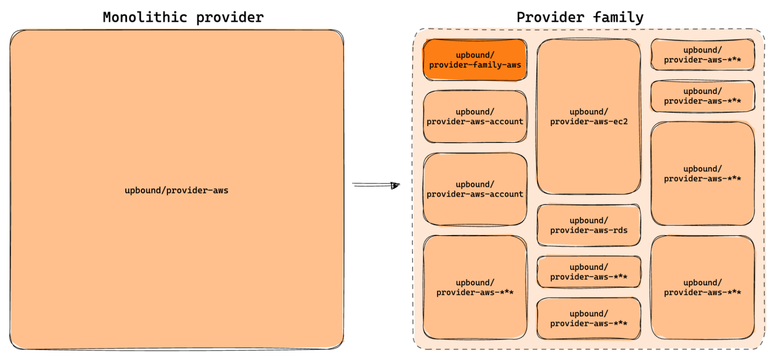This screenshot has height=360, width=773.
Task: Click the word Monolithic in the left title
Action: click(x=145, y=17)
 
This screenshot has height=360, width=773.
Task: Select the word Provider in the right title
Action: click(x=550, y=17)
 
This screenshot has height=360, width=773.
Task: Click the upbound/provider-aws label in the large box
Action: click(x=176, y=190)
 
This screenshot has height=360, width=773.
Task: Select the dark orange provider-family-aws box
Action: click(x=475, y=60)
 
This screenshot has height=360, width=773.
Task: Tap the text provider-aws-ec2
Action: click(x=589, y=122)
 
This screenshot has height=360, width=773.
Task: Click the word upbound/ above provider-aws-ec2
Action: click(x=589, y=112)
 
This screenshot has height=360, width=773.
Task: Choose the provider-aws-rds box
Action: click(x=589, y=225)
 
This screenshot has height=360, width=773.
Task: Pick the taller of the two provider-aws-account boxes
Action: click(x=475, y=189)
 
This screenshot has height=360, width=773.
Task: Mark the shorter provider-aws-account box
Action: click(x=475, y=116)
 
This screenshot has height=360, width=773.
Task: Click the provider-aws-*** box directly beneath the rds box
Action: click(x=589, y=272)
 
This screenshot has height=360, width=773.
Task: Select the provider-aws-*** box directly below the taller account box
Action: click(x=475, y=287)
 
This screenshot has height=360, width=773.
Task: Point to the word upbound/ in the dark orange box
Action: click(x=475, y=55)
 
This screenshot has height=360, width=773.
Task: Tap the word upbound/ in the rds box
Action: click(x=589, y=220)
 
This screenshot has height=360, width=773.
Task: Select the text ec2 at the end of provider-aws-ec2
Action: click(x=621, y=122)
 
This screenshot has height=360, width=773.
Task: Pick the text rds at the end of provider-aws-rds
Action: click(x=621, y=230)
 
